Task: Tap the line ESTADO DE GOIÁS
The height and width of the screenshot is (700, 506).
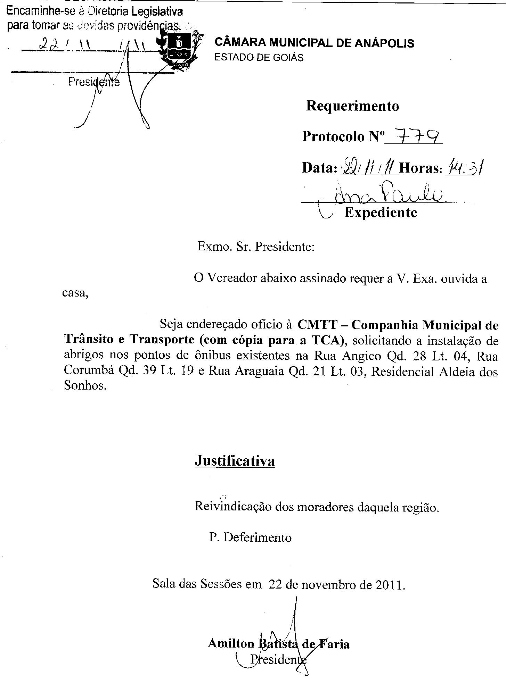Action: click(259, 58)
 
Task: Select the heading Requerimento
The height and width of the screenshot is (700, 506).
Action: click(352, 106)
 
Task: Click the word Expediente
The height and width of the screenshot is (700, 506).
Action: click(381, 212)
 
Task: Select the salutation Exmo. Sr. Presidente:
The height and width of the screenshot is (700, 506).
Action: click(256, 247)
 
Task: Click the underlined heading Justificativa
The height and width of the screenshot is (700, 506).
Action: click(235, 461)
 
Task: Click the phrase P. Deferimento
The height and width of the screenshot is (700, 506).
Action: click(250, 537)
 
